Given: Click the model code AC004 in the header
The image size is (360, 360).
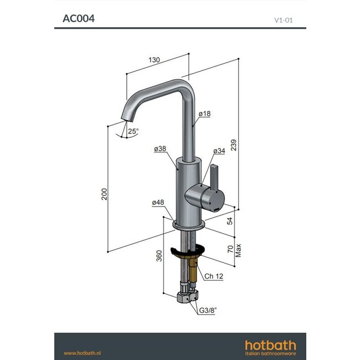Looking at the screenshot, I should tap(78, 18).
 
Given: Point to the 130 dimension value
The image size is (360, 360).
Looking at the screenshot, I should tap(155, 60).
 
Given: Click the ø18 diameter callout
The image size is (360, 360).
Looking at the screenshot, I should tap(205, 114).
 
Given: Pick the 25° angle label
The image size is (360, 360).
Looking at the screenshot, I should tap(133, 131).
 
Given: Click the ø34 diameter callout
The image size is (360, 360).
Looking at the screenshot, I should tap(220, 151).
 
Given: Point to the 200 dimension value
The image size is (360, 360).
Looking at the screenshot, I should tap(104, 193).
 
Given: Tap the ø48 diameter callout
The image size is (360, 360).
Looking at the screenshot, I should tap(158, 203).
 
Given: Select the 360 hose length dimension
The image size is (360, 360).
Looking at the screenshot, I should tap(160, 255).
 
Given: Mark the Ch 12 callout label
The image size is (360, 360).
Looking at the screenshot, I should tap(214, 276).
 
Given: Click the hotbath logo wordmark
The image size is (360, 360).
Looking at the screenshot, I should tap(270, 346).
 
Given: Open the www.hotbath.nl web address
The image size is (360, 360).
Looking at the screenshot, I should tap(81, 353).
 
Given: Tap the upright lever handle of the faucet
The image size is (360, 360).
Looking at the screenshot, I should tap(215, 175).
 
